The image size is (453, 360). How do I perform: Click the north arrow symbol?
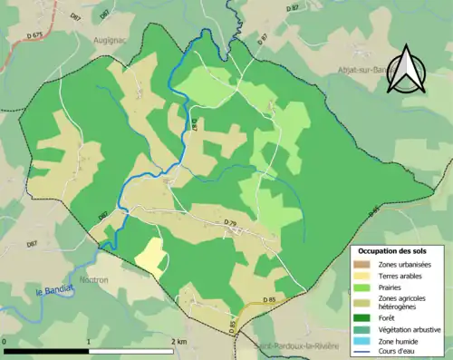(x=406, y=71)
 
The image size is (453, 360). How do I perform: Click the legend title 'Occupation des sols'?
(x=391, y=250)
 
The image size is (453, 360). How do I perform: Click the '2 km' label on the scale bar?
(x=177, y=341)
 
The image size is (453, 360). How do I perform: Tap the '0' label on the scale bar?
(x=5, y=341)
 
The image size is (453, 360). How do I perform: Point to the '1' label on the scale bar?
(x=88, y=341)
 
